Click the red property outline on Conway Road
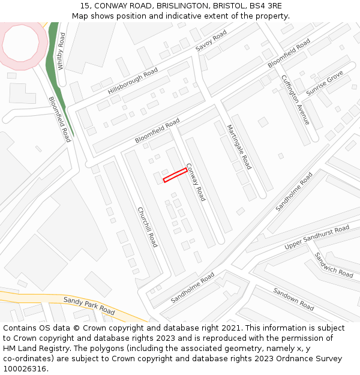pyautogui.click(x=175, y=175)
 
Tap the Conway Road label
pyautogui.click(x=196, y=182)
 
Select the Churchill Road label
pyautogui.click(x=148, y=227)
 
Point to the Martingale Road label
pyautogui.click(x=238, y=147)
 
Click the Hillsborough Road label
pyautogui.click(x=133, y=81)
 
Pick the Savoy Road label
pyautogui.click(x=211, y=40)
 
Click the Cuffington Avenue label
pyautogui.click(x=296, y=100)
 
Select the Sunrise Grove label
pyautogui.click(x=325, y=83)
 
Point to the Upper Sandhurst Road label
pyautogui.click(x=317, y=238)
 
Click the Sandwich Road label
pyautogui.click(x=334, y=265)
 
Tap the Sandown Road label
pyautogui.click(x=294, y=299)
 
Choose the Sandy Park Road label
pyautogui.click(x=89, y=305)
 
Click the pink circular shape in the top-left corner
pyautogui.click(x=24, y=45)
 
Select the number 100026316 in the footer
pyautogui.click(x=25, y=368)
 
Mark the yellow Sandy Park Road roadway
pyautogui.click(x=36, y=297)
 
